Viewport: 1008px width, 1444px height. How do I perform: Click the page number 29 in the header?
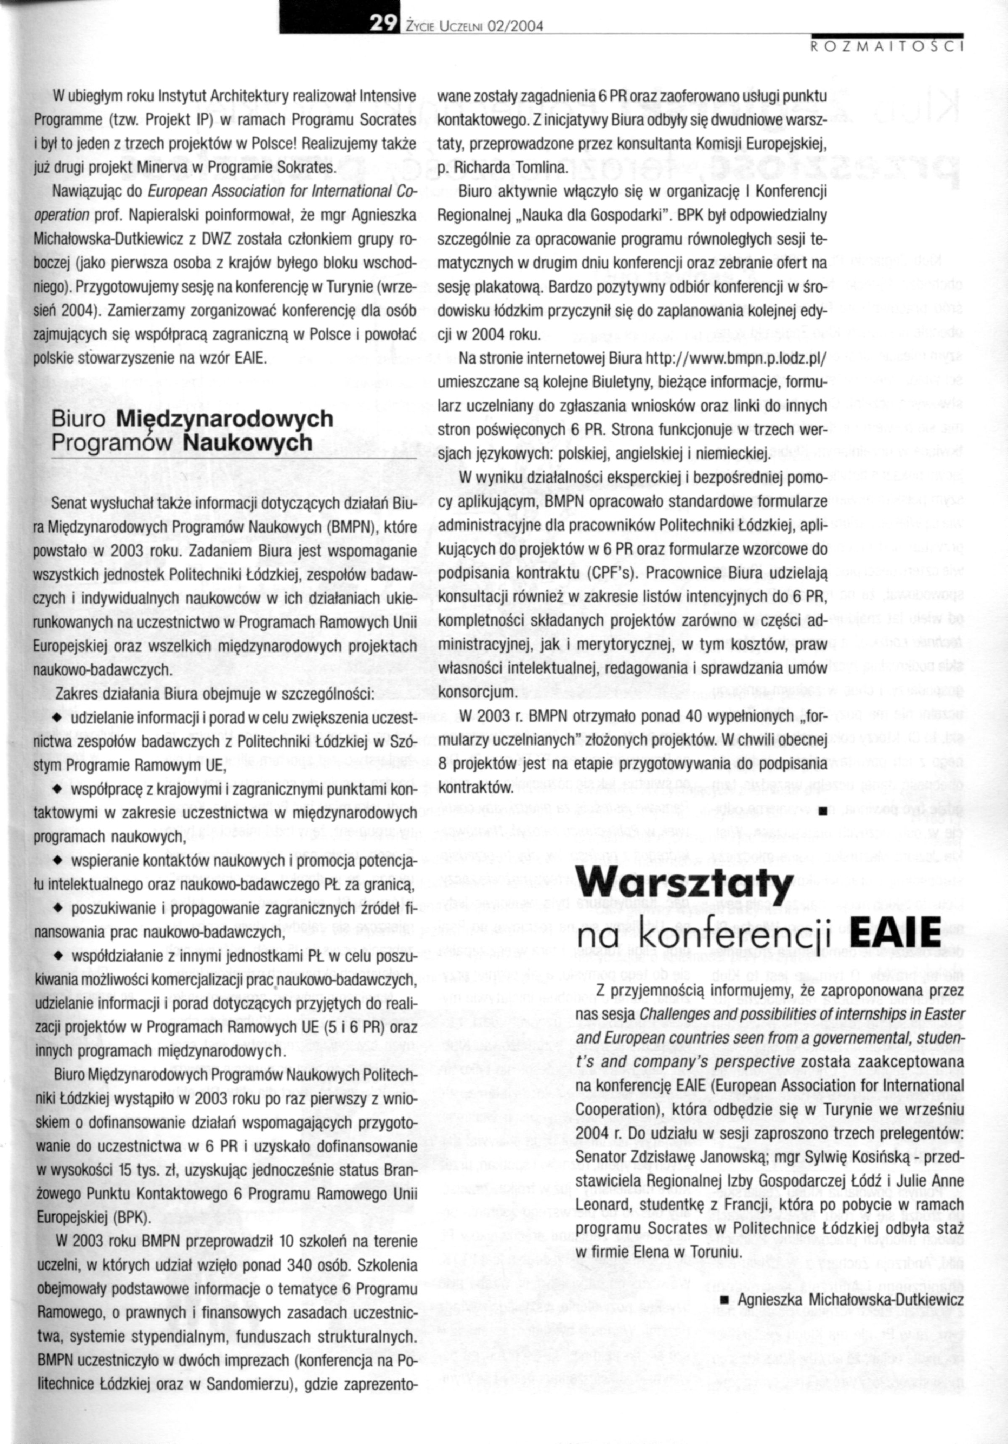coord(382,24)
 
